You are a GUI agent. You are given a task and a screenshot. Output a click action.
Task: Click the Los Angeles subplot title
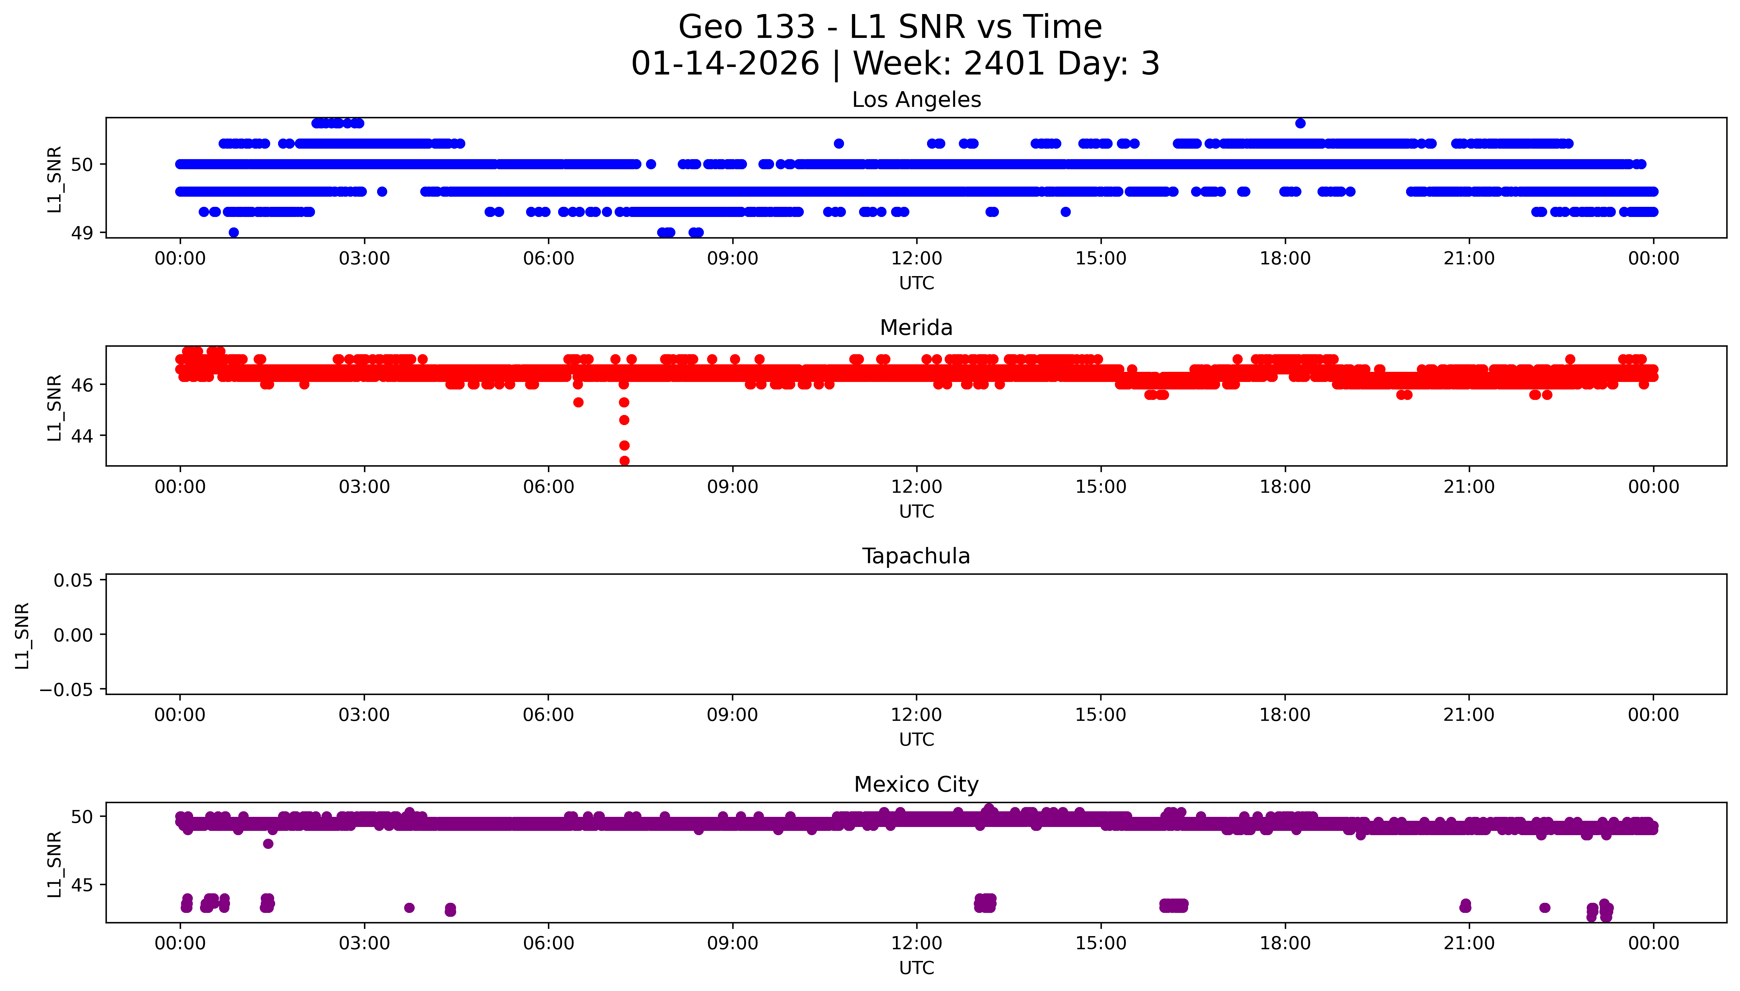click(x=916, y=100)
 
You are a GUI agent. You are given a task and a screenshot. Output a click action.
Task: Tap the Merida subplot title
click(x=916, y=328)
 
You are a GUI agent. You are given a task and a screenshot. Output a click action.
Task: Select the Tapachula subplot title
click(x=916, y=556)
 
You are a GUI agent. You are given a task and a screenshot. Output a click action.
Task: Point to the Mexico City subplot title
click(x=916, y=785)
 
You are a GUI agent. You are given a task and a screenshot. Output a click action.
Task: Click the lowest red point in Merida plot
click(x=624, y=461)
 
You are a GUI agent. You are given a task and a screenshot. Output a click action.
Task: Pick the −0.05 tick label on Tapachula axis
click(x=66, y=690)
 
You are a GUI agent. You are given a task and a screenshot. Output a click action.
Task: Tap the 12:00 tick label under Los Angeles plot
click(x=916, y=259)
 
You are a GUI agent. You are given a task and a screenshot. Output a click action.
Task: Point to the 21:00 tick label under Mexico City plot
click(x=1468, y=943)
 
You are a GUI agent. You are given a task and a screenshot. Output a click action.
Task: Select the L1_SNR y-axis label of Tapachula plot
click(x=23, y=635)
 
